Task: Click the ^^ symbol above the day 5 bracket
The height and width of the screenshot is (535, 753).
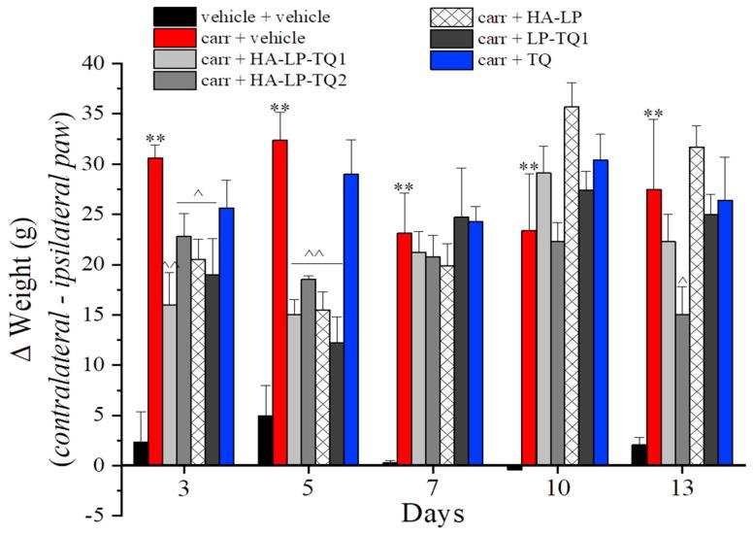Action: (x=314, y=254)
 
